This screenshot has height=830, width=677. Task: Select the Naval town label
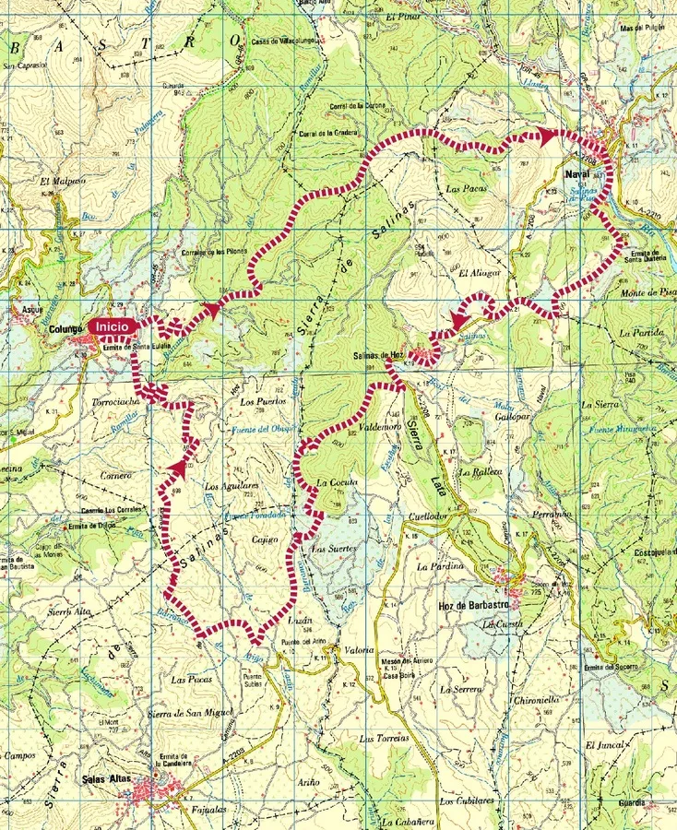[x=576, y=172]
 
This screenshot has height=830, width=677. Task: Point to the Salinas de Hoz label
[x=379, y=355]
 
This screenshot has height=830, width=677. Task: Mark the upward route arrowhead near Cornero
[x=175, y=468]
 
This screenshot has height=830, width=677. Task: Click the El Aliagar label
[x=477, y=273]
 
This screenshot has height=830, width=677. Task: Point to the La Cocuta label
[x=336, y=482]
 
